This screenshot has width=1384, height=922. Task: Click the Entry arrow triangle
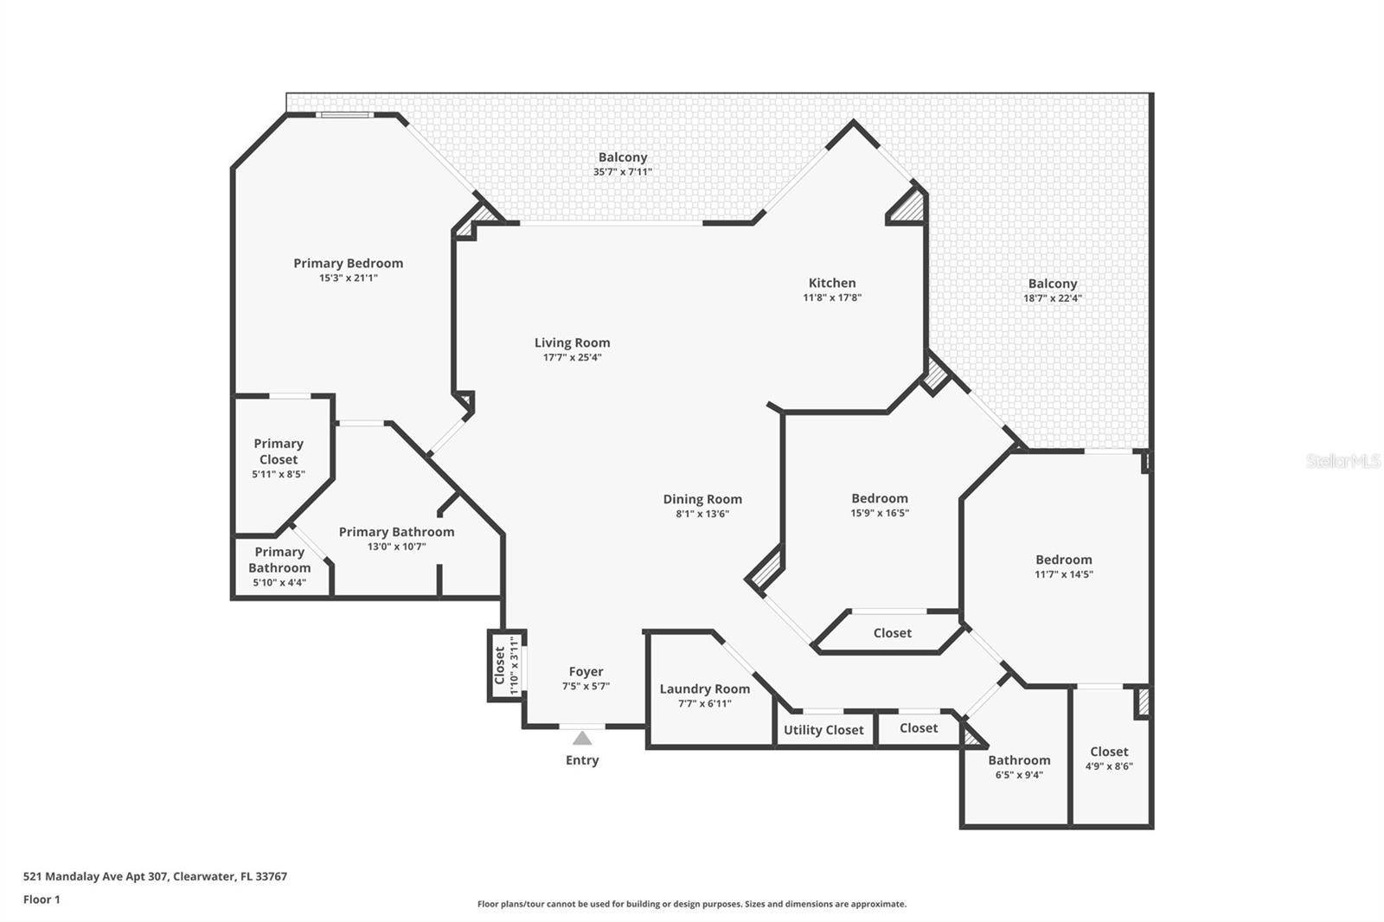[582, 738]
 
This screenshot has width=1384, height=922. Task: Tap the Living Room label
[572, 343]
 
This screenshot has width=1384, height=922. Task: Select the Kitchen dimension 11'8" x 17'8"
[832, 298]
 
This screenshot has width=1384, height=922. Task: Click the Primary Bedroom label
[348, 263]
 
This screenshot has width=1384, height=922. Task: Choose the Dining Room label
[702, 498]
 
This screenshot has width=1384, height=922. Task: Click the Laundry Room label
[704, 688]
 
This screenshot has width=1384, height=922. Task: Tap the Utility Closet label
[823, 729]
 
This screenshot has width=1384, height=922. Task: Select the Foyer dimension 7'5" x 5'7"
[586, 686]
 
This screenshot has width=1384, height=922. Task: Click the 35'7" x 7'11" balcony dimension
[622, 172]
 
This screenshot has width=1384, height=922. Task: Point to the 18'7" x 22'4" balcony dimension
[1052, 298]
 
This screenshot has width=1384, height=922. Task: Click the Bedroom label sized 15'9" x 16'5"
[879, 497]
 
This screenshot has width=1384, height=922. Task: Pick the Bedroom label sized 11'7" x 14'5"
[1063, 559]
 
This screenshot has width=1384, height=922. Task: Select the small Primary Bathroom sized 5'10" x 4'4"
[279, 567]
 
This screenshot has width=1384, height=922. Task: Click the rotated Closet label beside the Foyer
[500, 665]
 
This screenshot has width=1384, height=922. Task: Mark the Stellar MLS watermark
[1342, 461]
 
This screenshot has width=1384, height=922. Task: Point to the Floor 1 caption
[42, 900]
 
